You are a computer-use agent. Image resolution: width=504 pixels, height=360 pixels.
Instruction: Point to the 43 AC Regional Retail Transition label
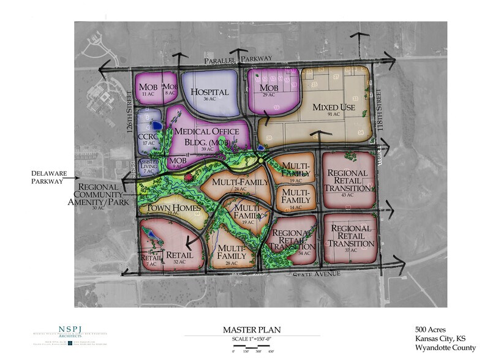click(347, 181)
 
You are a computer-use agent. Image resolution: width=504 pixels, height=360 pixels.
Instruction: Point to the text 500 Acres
click(431, 329)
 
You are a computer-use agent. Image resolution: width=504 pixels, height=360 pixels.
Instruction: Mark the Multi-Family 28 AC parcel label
click(231, 252)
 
